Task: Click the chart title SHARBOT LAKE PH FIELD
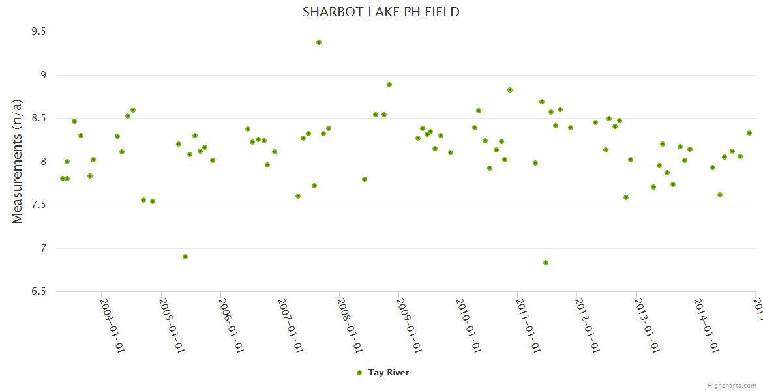[381, 12]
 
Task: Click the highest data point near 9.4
[319, 42]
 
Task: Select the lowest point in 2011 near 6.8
[546, 263]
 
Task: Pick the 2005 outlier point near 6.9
[185, 257]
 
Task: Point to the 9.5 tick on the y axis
[40, 31]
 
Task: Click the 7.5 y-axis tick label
[40, 205]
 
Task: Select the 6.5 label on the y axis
[40, 292]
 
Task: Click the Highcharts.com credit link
[732, 386]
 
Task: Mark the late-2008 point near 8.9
[389, 85]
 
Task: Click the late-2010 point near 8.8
[510, 90]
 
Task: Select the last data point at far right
[749, 133]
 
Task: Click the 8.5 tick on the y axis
[40, 119]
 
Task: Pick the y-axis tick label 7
[43, 248]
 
